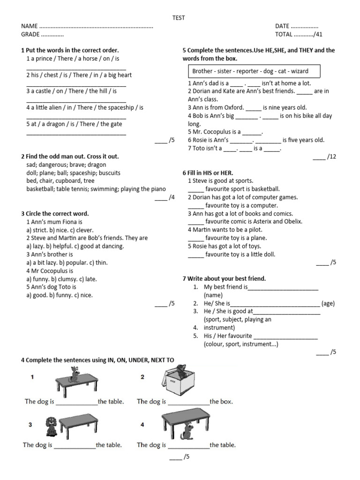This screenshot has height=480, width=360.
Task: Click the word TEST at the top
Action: coord(179,18)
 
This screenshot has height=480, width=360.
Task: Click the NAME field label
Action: coord(30,26)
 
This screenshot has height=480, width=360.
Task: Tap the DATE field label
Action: coord(282,26)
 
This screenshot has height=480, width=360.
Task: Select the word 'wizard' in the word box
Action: coord(299,71)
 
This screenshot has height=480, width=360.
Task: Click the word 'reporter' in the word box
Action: coord(247,71)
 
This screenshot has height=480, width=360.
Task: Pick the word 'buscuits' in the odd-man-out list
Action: coord(110,172)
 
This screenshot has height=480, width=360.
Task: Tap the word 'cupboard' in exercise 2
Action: coord(68,180)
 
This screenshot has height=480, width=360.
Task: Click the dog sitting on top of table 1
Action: coord(74,375)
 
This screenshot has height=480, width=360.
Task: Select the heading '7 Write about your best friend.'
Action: coord(224,278)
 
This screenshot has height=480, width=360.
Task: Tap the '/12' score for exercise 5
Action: coord(331,157)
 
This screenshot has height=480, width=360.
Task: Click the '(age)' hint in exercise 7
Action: coord(328,303)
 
